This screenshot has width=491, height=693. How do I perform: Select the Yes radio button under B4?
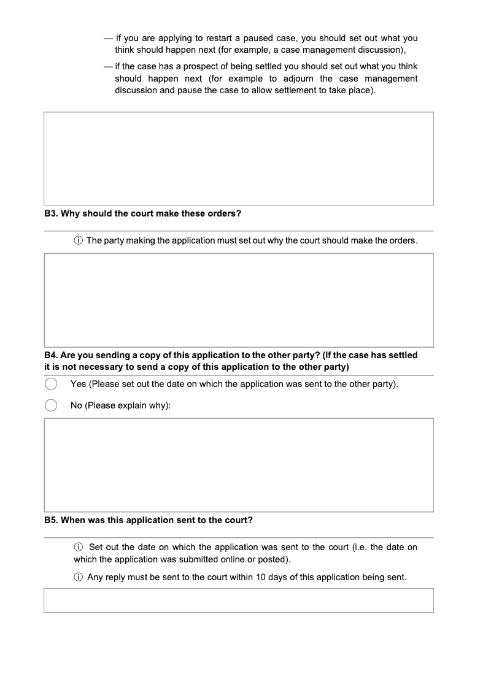pyautogui.click(x=51, y=384)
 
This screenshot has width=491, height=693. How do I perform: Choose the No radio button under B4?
pyautogui.click(x=51, y=405)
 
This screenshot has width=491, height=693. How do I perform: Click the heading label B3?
pyautogui.click(x=52, y=213)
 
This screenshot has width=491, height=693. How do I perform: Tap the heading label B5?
pyautogui.click(x=52, y=520)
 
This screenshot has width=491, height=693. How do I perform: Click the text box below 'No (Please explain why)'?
pyautogui.click(x=239, y=465)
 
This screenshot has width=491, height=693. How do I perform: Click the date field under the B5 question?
pyautogui.click(x=239, y=600)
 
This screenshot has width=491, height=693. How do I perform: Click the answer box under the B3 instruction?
pyautogui.click(x=239, y=301)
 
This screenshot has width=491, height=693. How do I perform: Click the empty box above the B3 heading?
pyautogui.click(x=239, y=158)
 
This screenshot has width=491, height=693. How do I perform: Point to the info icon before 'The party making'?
pyautogui.click(x=79, y=240)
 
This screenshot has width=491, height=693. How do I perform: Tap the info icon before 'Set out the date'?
pyautogui.click(x=79, y=547)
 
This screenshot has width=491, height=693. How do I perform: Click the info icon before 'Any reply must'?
pyautogui.click(x=79, y=577)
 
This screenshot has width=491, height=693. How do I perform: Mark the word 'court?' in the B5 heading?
pyautogui.click(x=238, y=520)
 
